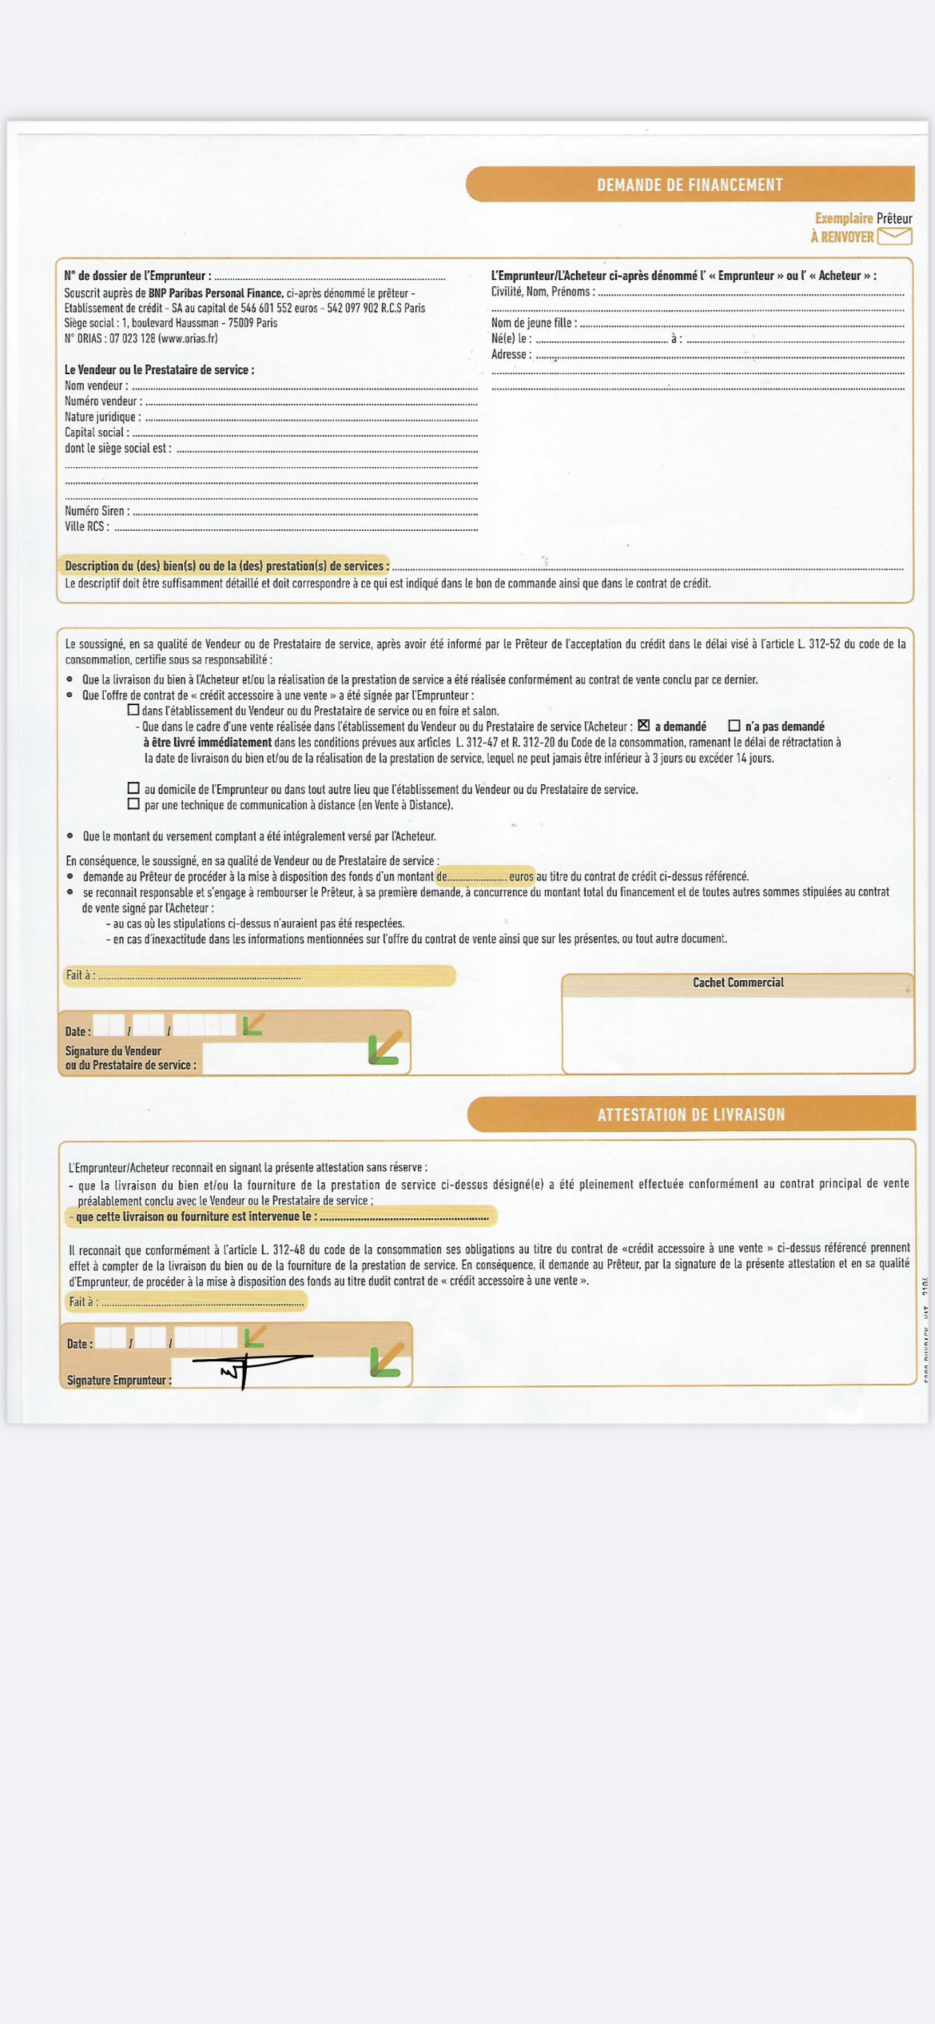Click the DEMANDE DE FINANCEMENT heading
click(x=689, y=185)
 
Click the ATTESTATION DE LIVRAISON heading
click(x=690, y=1114)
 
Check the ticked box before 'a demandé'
click(x=643, y=725)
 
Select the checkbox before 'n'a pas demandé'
click(x=734, y=726)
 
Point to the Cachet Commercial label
click(x=738, y=982)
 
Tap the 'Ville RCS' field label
click(x=86, y=527)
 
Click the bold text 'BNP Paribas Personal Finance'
click(x=216, y=292)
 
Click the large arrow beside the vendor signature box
click(x=385, y=1048)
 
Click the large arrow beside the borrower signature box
click(x=387, y=1360)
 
